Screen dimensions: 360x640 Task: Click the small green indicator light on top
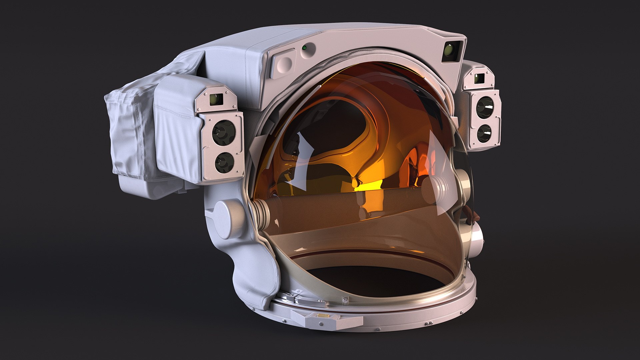304,48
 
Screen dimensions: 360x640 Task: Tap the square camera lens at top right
451,51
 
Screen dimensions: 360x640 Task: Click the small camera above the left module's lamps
216,99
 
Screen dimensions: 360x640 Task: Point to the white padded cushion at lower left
257,280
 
